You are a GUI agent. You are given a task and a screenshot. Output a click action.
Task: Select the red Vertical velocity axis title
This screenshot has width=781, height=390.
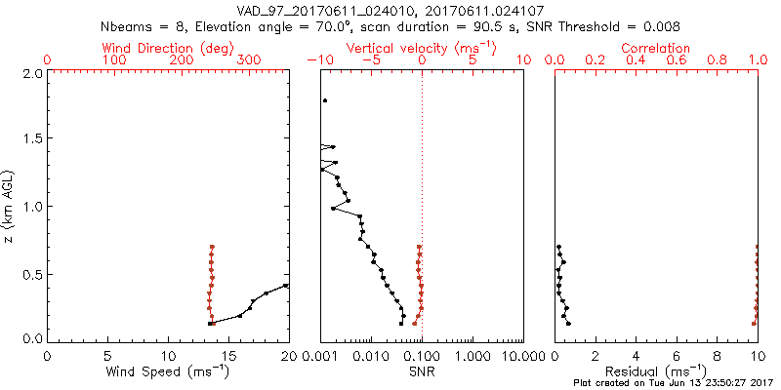coord(422,48)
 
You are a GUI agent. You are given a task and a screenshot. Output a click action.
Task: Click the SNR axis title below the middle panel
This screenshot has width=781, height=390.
coord(422,371)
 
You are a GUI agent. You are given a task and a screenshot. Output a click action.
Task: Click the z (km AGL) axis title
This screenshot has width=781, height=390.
coord(9,206)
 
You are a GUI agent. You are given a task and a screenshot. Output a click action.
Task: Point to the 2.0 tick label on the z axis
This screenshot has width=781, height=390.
coord(30,73)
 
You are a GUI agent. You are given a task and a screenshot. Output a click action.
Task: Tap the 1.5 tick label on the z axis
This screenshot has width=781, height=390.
coord(30,139)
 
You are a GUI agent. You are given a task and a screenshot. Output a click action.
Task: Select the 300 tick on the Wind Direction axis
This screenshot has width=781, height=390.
coord(249,60)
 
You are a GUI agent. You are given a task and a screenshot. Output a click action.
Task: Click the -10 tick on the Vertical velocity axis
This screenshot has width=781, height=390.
coord(317,60)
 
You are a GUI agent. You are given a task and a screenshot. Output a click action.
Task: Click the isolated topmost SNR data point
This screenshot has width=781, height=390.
coord(325,100)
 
